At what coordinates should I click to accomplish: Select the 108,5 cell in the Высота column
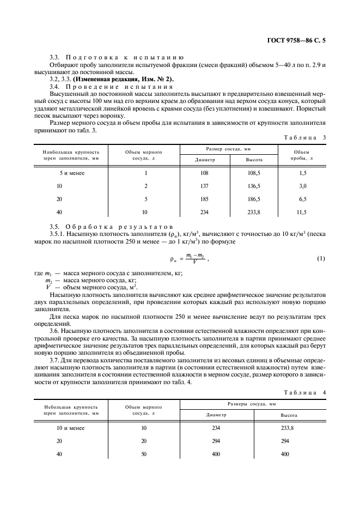[254, 173]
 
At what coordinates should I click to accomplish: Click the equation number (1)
[321, 258]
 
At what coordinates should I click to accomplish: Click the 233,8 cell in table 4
[289, 428]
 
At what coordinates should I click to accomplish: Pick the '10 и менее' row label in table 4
[71, 428]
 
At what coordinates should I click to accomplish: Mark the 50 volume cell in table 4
[144, 453]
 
